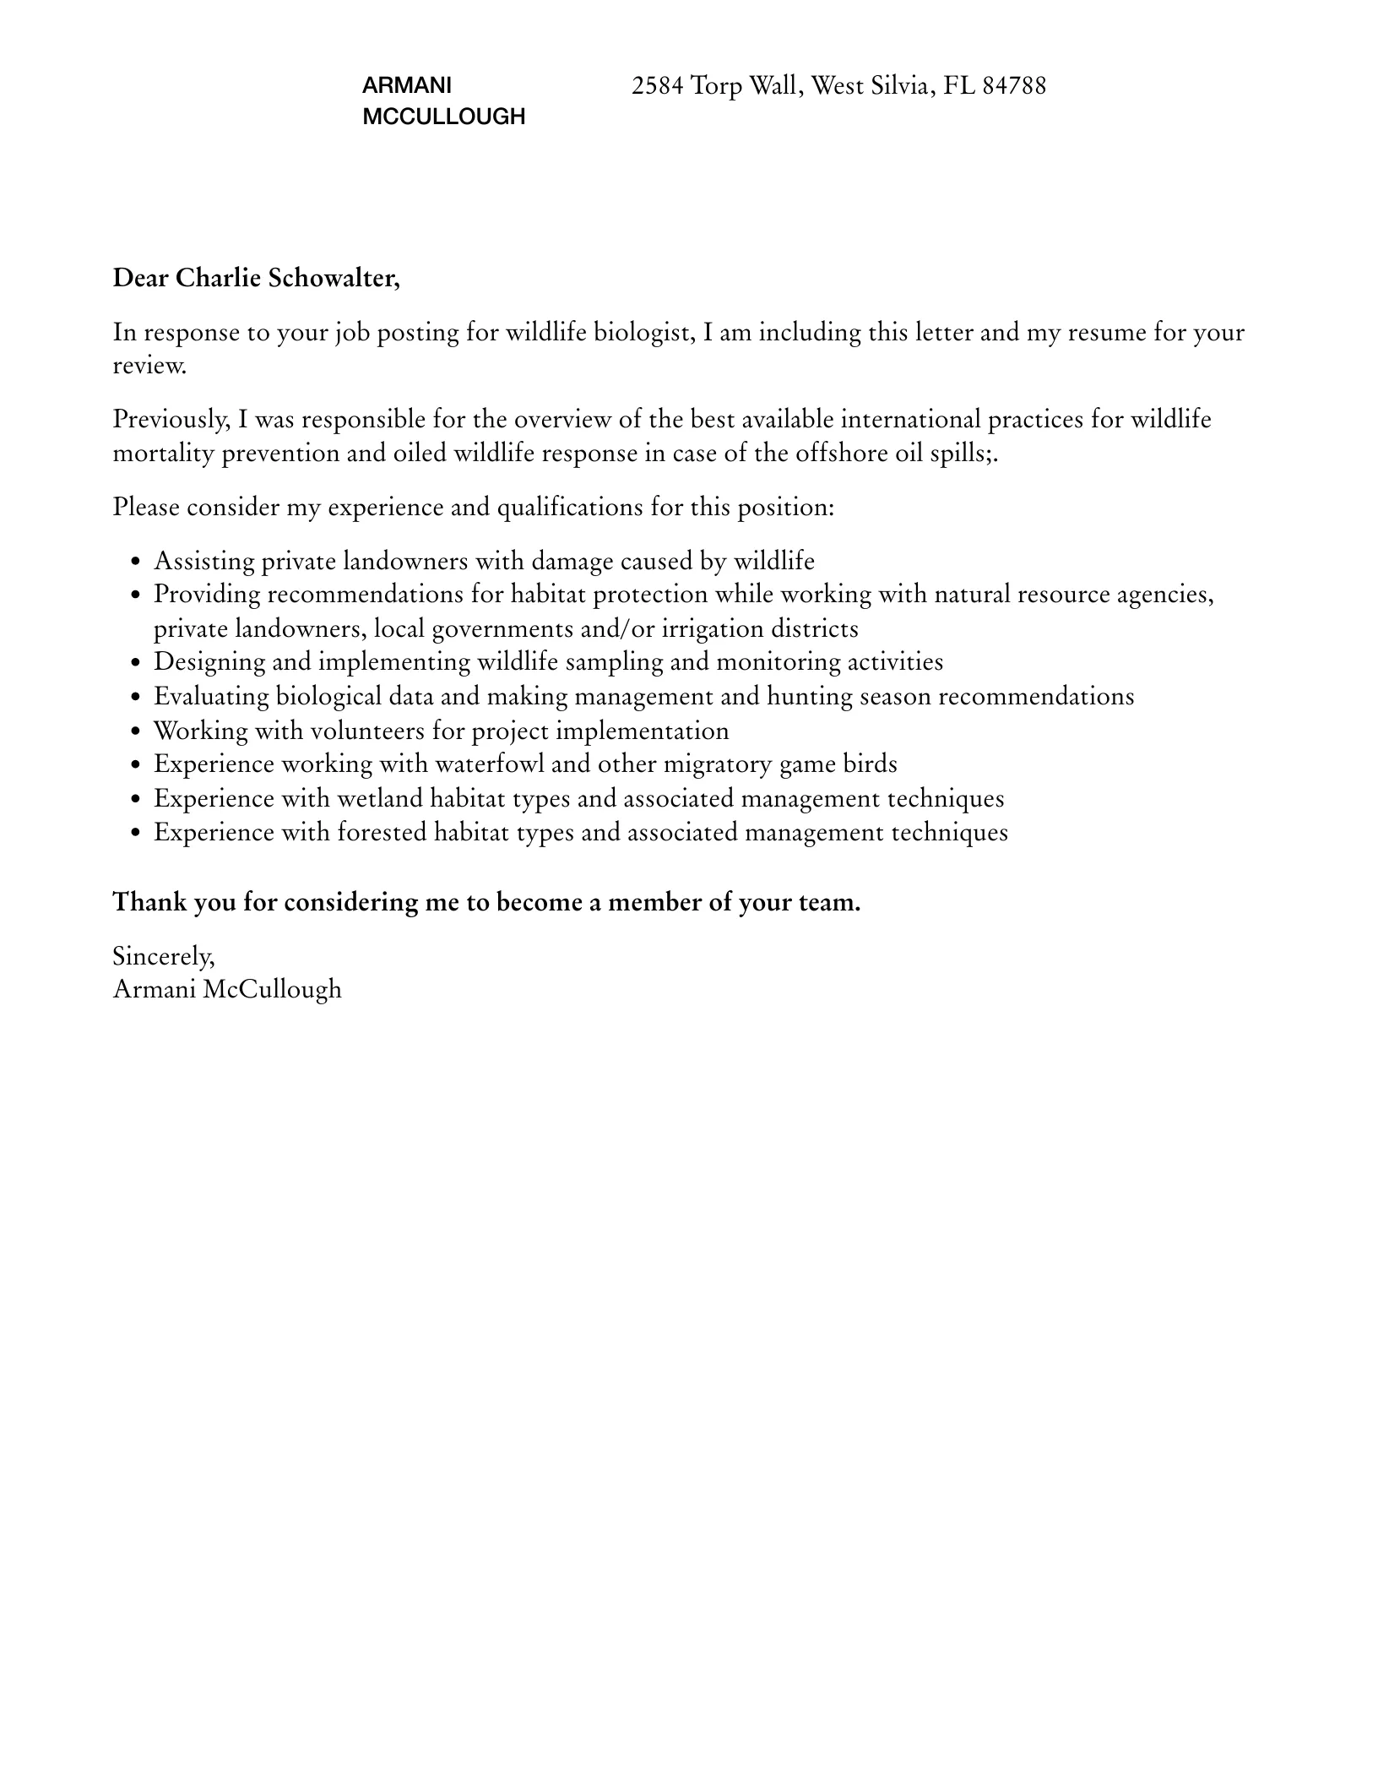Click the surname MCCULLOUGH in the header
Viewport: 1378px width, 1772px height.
(443, 117)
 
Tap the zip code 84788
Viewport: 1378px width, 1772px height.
(1014, 86)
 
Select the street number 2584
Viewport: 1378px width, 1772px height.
(657, 86)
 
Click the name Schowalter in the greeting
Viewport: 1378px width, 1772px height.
(333, 278)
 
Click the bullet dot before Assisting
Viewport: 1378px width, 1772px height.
(136, 563)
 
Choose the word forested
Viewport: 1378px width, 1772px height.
(382, 833)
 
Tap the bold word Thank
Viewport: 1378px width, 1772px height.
(149, 903)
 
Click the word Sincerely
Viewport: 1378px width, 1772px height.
(164, 957)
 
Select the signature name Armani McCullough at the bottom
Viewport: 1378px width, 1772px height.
(227, 990)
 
